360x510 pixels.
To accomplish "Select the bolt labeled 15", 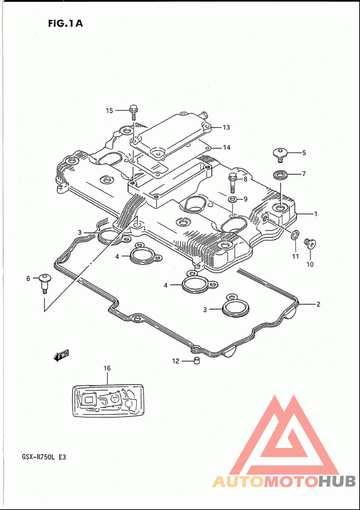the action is [x=134, y=112].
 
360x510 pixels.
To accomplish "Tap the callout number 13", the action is [x=226, y=127].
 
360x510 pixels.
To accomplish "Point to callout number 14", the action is [x=226, y=148].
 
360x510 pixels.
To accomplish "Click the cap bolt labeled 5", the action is [x=280, y=154].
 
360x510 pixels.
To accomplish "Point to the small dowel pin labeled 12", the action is [x=196, y=361].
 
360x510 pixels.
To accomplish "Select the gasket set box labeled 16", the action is [x=108, y=400].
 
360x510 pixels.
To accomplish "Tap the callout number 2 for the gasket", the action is [x=318, y=304].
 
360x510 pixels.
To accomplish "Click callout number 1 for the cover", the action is [x=315, y=214].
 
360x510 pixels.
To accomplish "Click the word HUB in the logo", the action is [x=337, y=481].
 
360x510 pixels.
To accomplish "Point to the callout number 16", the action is [x=107, y=368].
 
